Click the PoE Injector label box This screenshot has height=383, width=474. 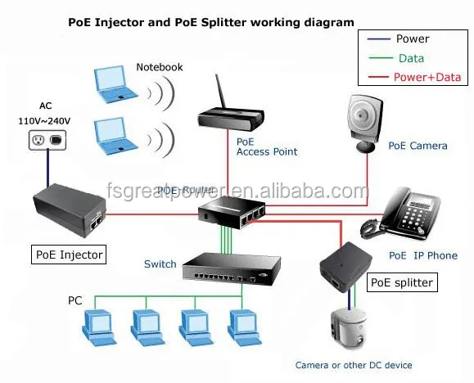point(69,255)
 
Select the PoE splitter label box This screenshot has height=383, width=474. point(402,283)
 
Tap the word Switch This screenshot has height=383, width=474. point(160,264)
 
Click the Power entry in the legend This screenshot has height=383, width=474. point(412,38)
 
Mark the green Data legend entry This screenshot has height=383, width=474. point(411,58)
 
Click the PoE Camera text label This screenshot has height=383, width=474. point(418,146)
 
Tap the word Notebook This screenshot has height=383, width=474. point(159,67)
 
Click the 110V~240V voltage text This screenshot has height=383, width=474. point(46,119)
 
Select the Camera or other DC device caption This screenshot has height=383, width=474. point(354,365)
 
